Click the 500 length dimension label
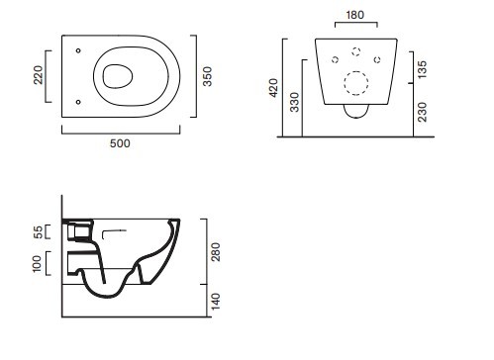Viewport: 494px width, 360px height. click(x=120, y=143)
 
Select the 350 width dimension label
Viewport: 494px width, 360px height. click(x=207, y=76)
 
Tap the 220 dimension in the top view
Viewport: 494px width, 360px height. click(x=39, y=75)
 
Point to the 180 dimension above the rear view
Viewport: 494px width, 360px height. click(x=355, y=15)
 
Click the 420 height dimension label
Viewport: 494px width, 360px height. click(x=274, y=88)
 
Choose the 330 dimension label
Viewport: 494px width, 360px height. click(x=294, y=102)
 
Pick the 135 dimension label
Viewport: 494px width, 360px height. click(x=422, y=69)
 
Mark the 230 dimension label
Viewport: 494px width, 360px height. click(x=422, y=112)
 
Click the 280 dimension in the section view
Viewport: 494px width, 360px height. click(x=216, y=252)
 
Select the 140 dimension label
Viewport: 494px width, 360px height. click(x=216, y=302)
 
